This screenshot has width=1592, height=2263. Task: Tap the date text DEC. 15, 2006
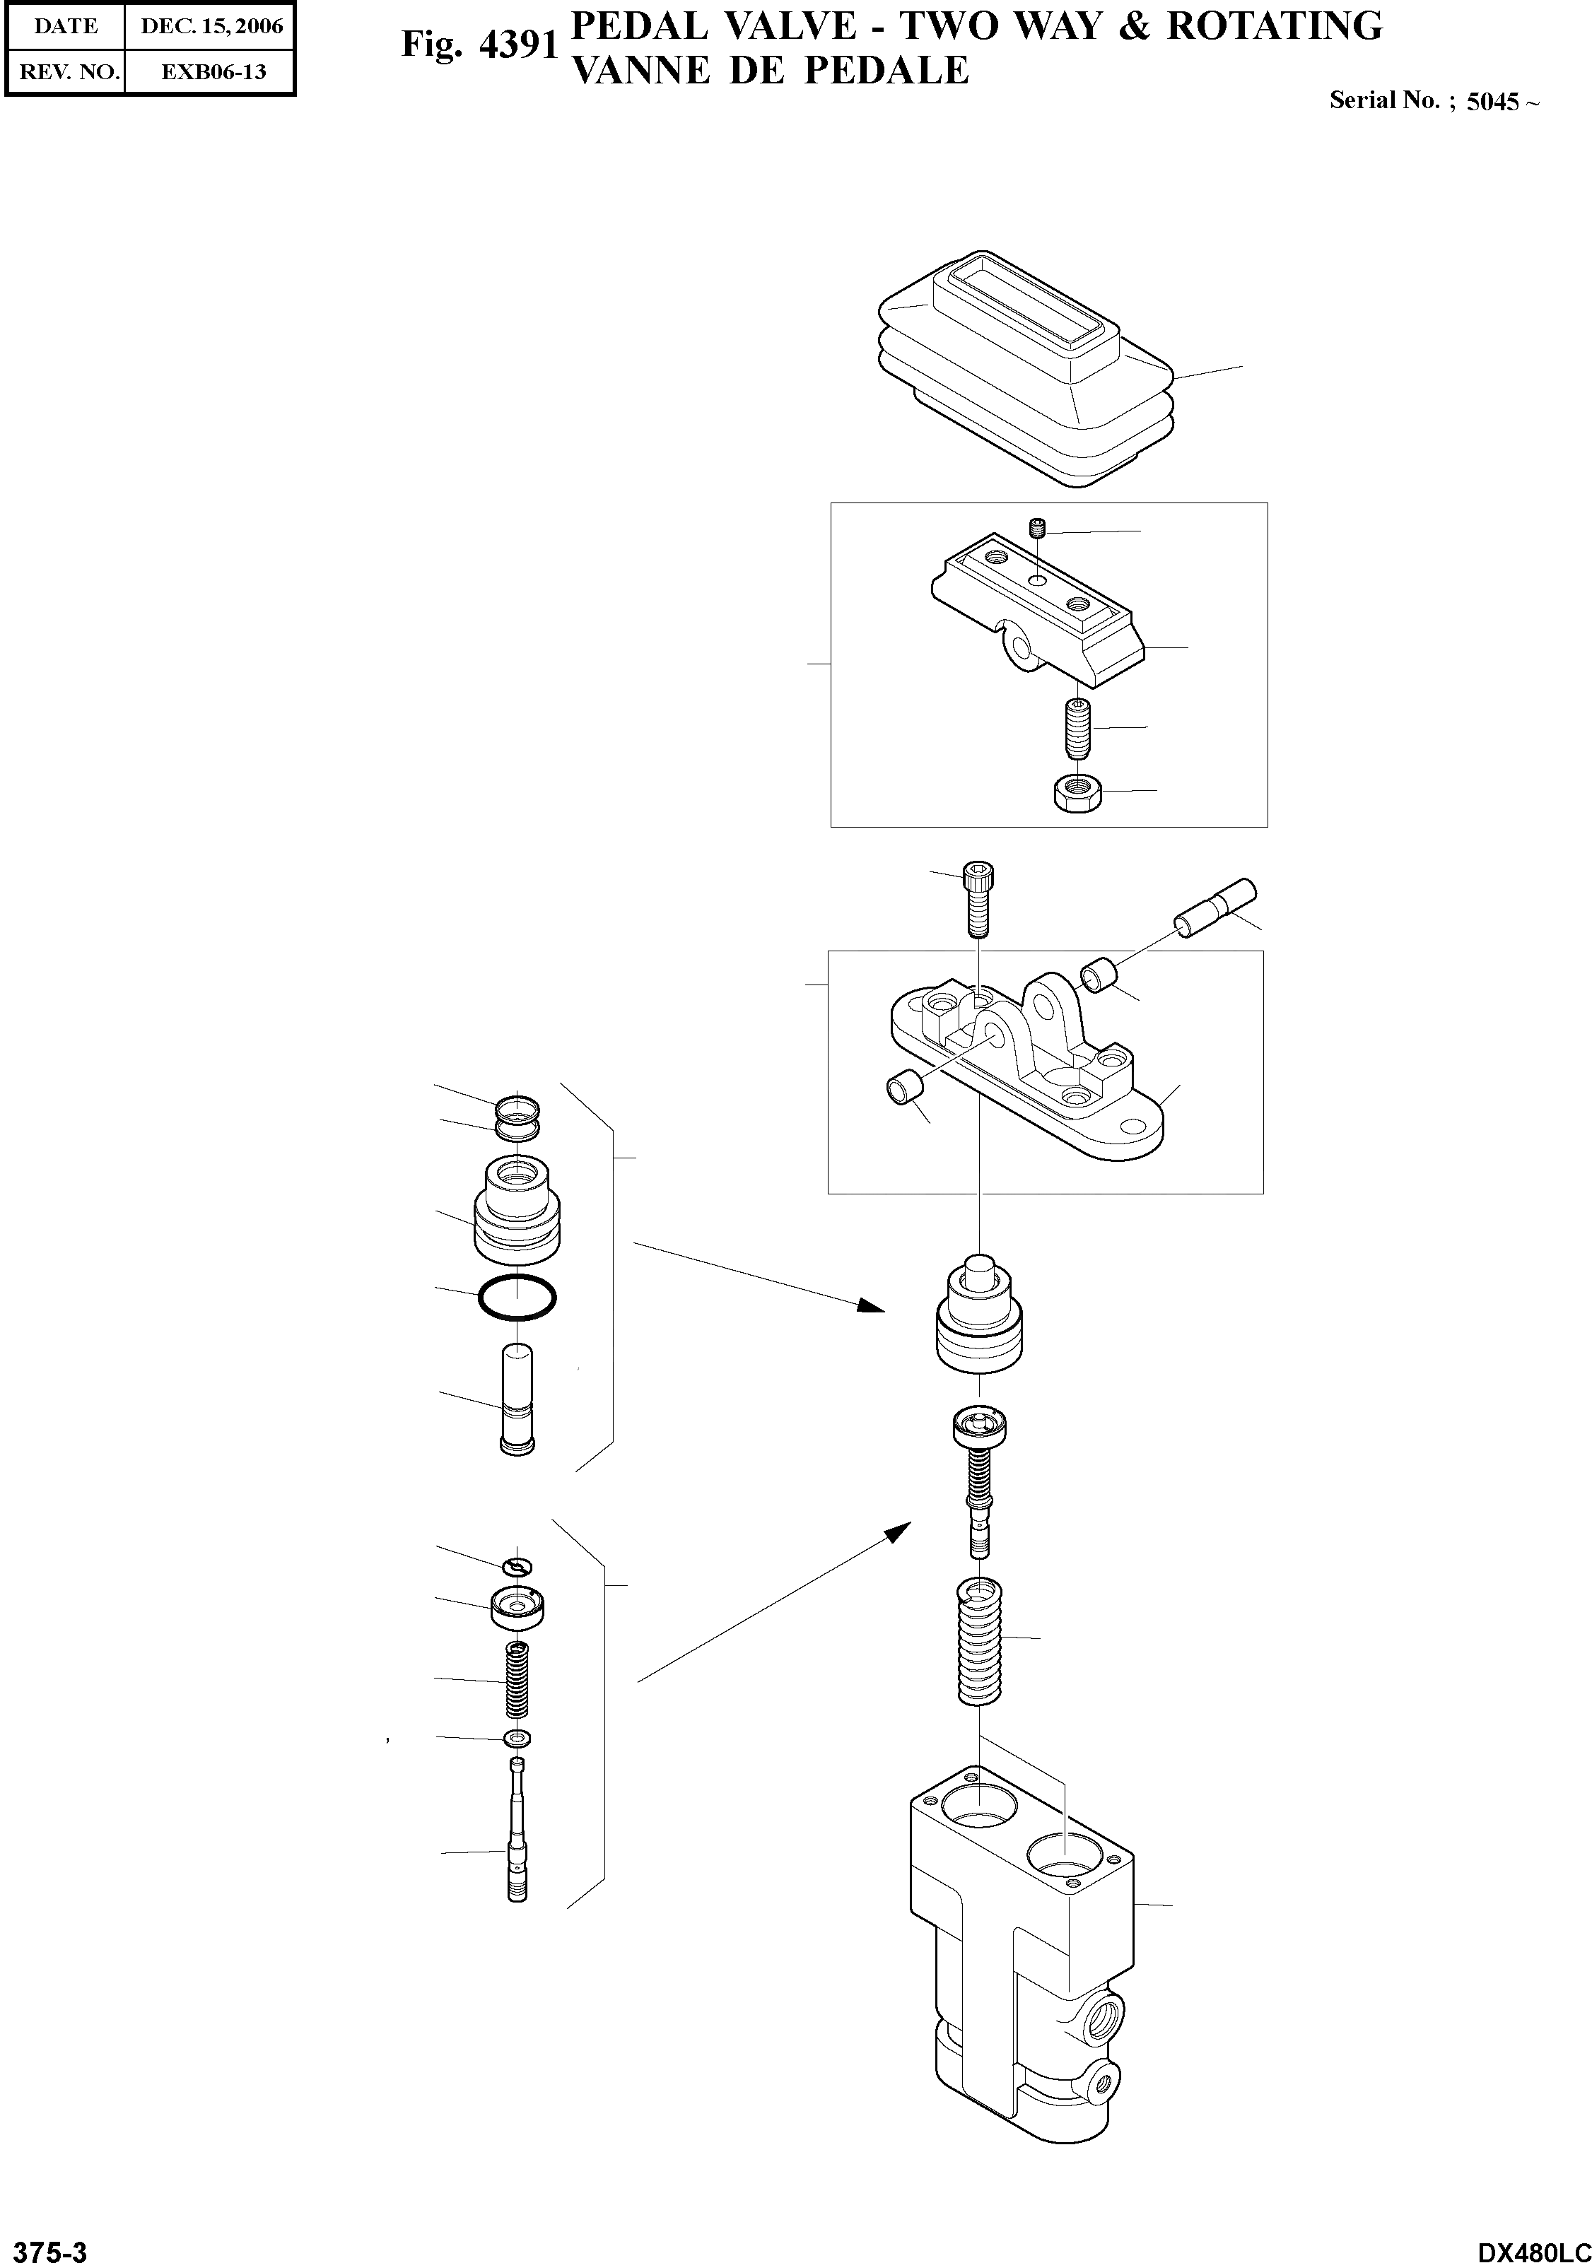pos(211,27)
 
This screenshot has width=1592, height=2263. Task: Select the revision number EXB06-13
pos(213,72)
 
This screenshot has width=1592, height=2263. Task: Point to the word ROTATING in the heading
pos(1275,27)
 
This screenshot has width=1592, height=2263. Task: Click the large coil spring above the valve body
pos(980,1642)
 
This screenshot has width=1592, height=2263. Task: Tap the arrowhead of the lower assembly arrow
pos(897,1529)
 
